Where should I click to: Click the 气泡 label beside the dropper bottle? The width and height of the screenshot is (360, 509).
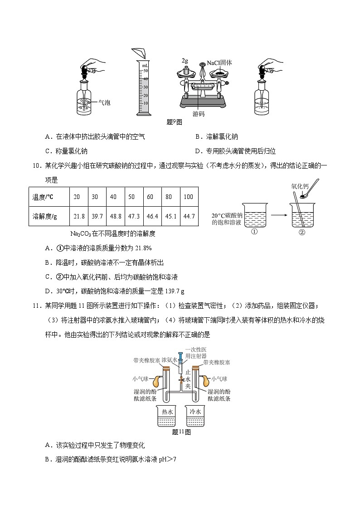point(104,103)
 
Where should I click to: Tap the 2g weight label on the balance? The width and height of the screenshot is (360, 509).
point(185,60)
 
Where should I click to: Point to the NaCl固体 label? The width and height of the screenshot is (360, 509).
point(219,63)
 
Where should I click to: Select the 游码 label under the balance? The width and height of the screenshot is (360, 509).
point(198,114)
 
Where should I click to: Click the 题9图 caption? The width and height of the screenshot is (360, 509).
point(174,121)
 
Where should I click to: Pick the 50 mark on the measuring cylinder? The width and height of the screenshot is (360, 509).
point(146,71)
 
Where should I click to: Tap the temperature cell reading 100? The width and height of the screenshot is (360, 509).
point(189,197)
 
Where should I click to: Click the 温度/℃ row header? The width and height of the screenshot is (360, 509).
point(43,197)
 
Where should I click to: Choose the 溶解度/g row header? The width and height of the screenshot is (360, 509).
point(44,216)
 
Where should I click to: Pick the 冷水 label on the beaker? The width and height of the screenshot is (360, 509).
point(195,412)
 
